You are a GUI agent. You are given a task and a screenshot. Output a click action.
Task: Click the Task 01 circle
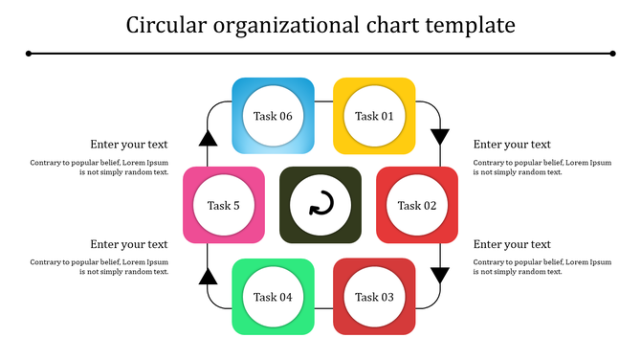(x=374, y=116)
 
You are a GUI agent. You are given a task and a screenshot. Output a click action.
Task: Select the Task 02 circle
(x=417, y=205)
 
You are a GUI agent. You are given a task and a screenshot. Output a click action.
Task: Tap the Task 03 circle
(x=374, y=297)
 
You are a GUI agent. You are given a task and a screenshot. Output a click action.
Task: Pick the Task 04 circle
(x=273, y=297)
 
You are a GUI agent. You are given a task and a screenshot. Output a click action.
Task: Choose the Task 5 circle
(x=224, y=205)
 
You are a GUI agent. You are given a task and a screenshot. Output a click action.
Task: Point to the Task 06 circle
(x=273, y=116)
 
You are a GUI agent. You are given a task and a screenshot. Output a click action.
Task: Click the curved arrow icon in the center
(x=320, y=205)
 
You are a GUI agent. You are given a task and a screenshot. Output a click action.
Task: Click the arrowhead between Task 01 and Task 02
(x=440, y=136)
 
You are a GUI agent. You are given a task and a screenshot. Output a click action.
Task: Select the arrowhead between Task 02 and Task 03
(x=440, y=276)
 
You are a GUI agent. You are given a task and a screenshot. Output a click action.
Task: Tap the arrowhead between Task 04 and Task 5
(x=208, y=277)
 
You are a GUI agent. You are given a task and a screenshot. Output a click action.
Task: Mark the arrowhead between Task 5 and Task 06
(x=208, y=138)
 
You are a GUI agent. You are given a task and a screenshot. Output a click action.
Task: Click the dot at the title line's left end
(x=29, y=54)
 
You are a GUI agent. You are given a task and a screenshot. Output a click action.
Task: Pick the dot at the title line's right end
(x=612, y=54)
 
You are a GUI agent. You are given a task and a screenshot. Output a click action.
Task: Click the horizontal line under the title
(x=320, y=54)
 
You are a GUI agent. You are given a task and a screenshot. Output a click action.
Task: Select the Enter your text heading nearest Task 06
(x=129, y=145)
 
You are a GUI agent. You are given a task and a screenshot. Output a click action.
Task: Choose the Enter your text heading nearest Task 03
(x=512, y=244)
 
